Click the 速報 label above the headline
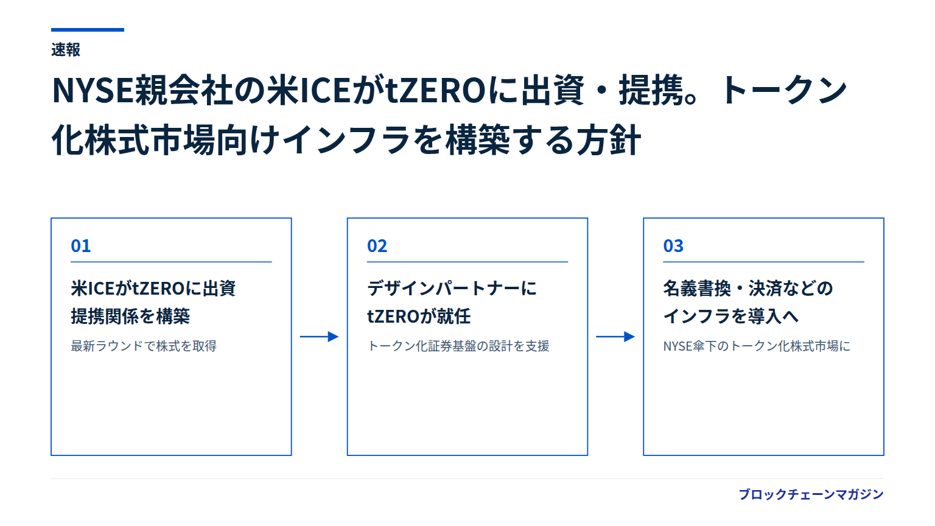coord(66,50)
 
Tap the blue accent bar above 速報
coord(88,30)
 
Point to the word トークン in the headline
coord(783,89)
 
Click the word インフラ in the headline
coord(346,140)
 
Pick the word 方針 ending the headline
coord(608,140)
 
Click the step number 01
coord(80,246)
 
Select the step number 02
coord(377,246)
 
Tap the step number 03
coord(673,246)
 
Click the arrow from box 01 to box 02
coord(320,337)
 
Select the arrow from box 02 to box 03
coord(615,337)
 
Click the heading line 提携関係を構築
coord(130,316)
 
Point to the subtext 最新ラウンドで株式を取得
coord(144,346)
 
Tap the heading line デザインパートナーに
coord(452,289)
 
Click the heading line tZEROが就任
coord(419,316)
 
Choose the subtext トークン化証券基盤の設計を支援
coord(458,346)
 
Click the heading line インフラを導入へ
coord(731,316)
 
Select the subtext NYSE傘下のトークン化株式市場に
coord(757,346)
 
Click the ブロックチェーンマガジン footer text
coord(811,494)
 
